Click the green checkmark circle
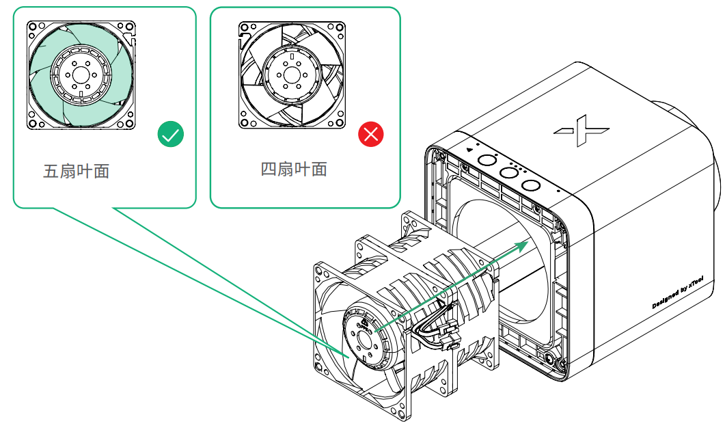(171, 135)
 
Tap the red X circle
(371, 135)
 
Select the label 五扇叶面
(76, 171)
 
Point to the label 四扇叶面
(294, 169)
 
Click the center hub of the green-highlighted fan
(81, 75)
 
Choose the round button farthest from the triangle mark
(531, 185)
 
